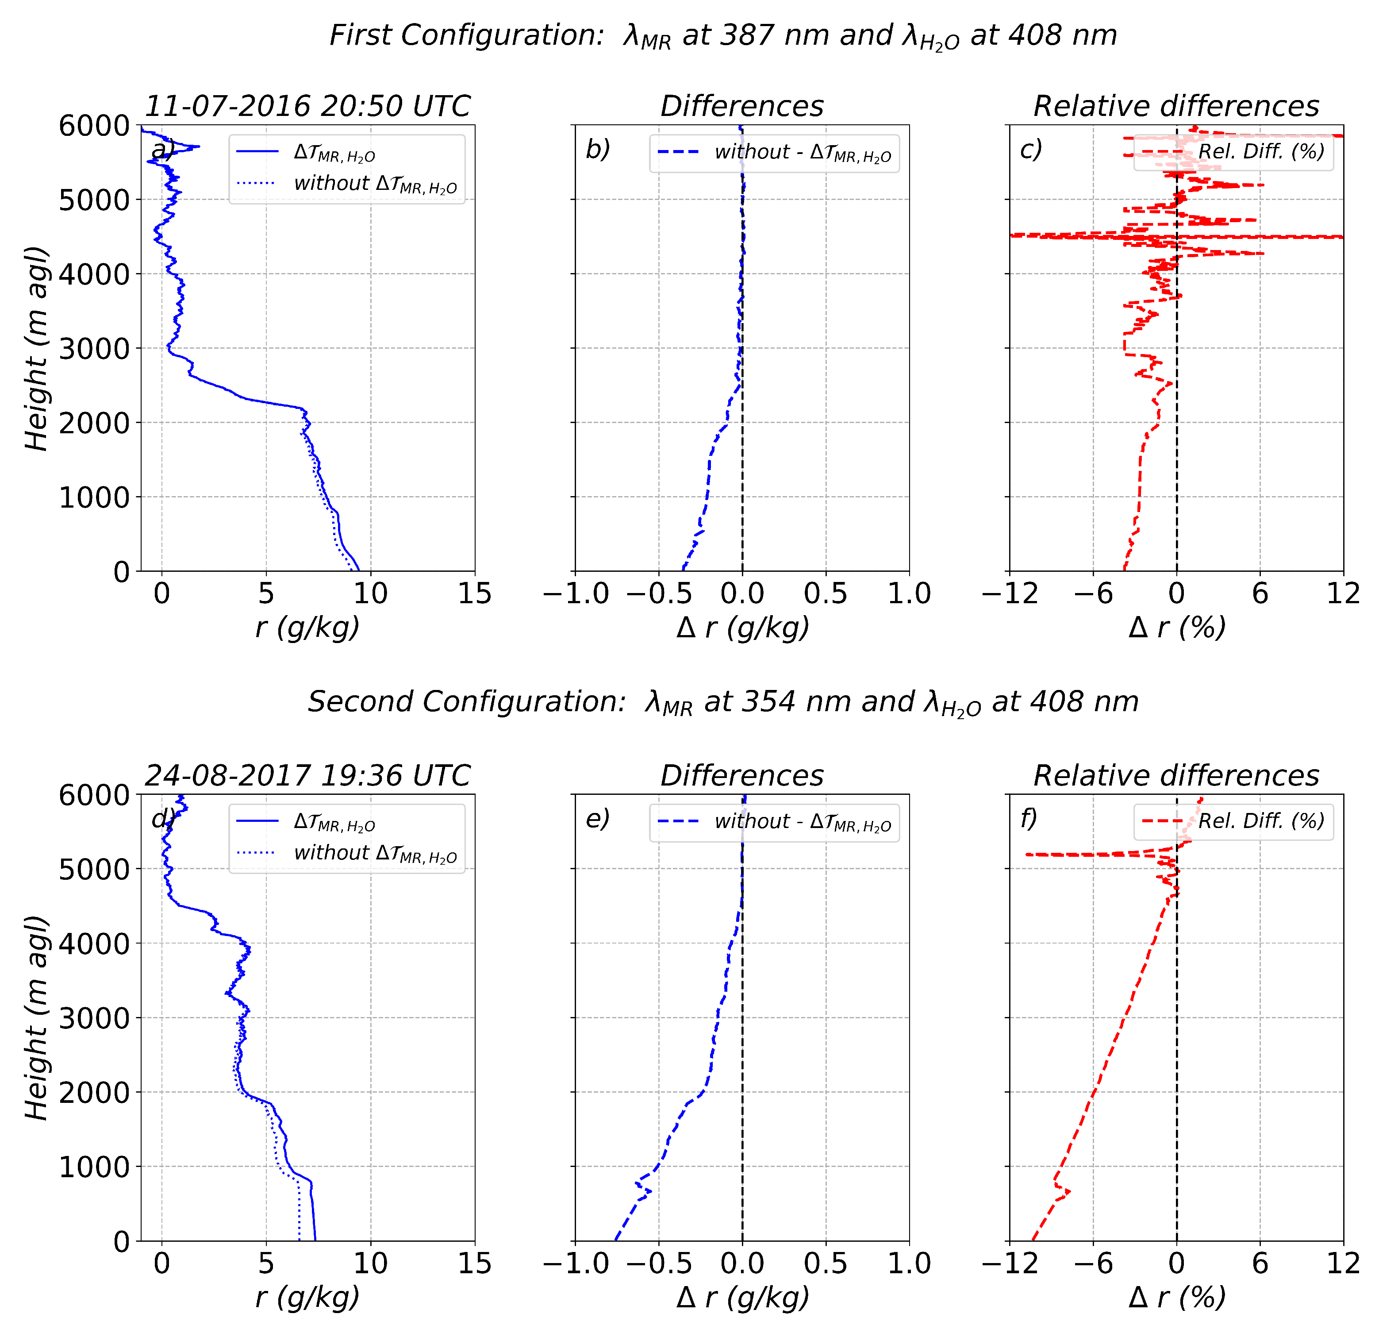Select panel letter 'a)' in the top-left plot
[x=163, y=150]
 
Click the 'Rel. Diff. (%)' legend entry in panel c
[x=1261, y=151]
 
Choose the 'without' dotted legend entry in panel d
[x=375, y=853]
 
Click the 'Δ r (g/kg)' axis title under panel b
[x=742, y=627]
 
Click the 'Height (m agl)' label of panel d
[x=36, y=1017]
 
